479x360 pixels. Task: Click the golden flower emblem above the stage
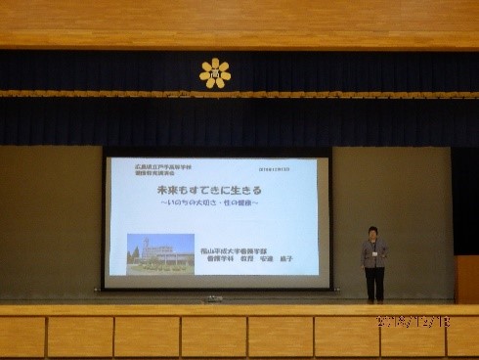coord(214,73)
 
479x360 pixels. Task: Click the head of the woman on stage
coord(373,233)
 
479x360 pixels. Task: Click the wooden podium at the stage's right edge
coord(466,279)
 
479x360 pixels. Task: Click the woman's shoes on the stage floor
coord(373,299)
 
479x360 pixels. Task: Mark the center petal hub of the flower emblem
coord(214,73)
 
